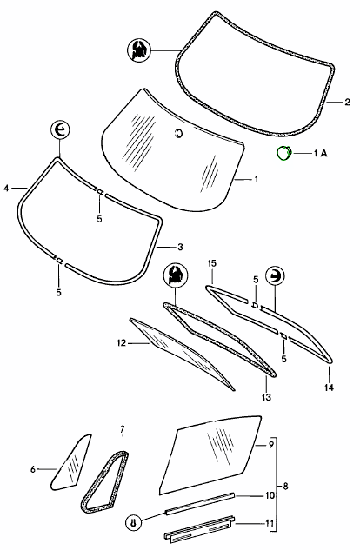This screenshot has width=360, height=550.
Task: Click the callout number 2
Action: (x=347, y=102)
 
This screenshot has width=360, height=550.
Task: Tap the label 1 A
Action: (x=320, y=153)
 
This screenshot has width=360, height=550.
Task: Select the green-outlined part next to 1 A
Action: (x=283, y=153)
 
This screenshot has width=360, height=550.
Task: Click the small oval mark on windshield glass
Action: (x=178, y=133)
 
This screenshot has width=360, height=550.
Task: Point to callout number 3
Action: (x=180, y=247)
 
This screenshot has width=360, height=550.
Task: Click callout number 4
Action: (x=6, y=189)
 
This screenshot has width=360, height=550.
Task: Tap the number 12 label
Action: (x=121, y=343)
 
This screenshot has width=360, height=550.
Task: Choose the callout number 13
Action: (x=267, y=397)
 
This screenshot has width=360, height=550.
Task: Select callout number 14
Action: (x=329, y=388)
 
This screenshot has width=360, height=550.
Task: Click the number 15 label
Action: (x=212, y=263)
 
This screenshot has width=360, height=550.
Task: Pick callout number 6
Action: (x=33, y=469)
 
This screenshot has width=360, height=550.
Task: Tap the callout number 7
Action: (x=122, y=429)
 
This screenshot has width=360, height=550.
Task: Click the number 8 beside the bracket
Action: (x=285, y=487)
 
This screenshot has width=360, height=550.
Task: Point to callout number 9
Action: (x=270, y=445)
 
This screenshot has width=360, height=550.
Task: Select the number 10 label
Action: (x=270, y=495)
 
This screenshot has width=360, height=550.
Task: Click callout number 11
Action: (x=269, y=523)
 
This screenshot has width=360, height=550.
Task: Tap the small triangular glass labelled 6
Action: (x=70, y=463)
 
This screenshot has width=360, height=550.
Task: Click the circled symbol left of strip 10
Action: (x=133, y=523)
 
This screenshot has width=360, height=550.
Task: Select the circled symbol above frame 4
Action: (x=60, y=130)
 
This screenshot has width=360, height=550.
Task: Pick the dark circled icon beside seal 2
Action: (x=139, y=50)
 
